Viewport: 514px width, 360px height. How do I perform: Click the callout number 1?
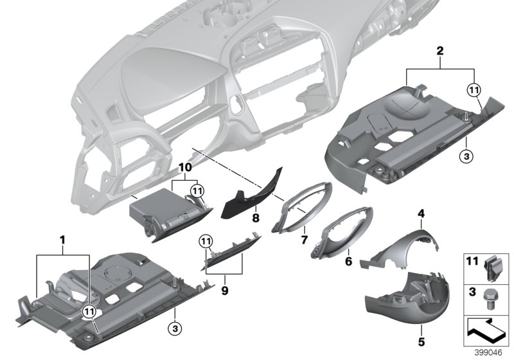point(63,240)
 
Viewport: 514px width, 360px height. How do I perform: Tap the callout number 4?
point(421,213)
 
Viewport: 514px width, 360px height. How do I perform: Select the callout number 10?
point(185,166)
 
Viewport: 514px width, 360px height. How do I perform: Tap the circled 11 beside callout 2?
point(474,91)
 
